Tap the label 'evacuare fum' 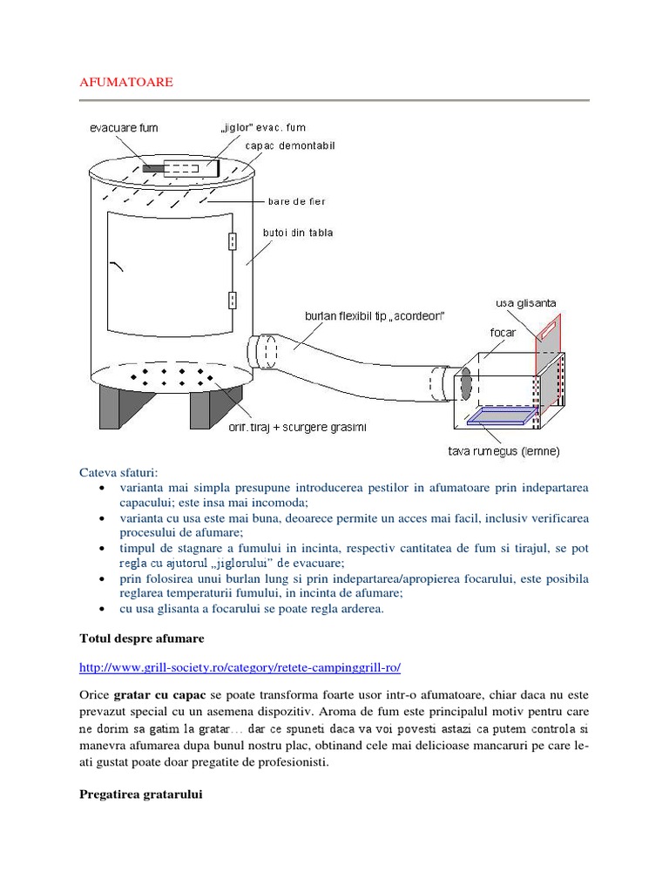click(124, 128)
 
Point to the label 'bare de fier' click(296, 201)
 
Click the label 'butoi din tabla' click(297, 233)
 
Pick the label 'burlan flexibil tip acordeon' click(375, 315)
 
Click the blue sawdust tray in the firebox click(500, 419)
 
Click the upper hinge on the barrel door click(233, 240)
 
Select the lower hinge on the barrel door click(233, 301)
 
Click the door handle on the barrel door click(118, 267)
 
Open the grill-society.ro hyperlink click(240, 668)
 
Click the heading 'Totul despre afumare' click(141, 639)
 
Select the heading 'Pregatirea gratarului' click(140, 794)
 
